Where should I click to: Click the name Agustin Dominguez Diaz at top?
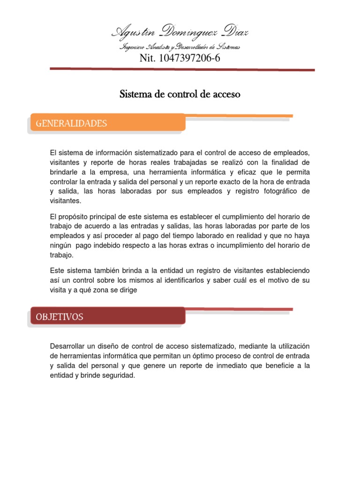click(180, 33)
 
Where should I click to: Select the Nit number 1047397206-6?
click(180, 58)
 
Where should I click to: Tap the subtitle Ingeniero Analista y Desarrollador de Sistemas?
click(180, 47)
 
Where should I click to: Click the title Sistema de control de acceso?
click(180, 94)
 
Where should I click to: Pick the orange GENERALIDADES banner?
click(107, 123)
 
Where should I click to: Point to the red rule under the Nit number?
click(182, 69)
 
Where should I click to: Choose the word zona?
click(100, 290)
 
